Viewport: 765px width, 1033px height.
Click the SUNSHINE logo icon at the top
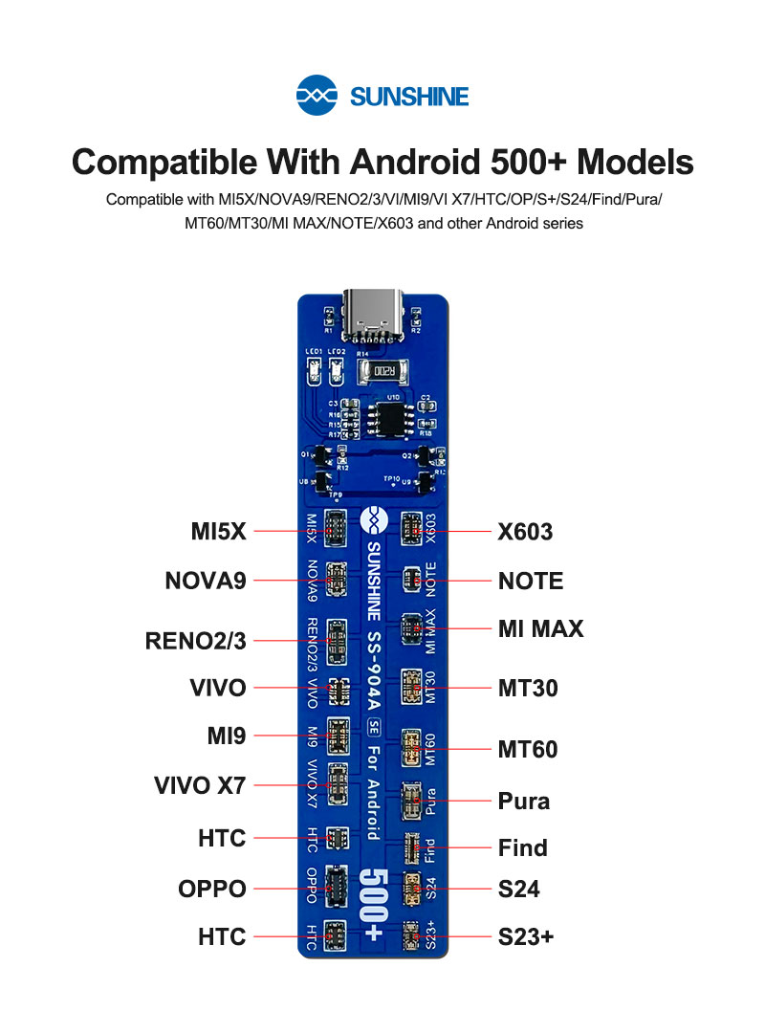coord(318,96)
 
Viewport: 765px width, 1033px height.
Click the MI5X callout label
coord(218,531)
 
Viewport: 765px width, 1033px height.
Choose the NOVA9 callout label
coord(206,581)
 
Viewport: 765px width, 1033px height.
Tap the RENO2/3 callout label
coord(195,641)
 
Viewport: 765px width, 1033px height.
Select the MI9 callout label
coord(227,736)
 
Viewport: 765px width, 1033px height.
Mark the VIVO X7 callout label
coord(200,786)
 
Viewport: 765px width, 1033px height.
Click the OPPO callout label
coord(212,889)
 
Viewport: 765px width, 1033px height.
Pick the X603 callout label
coord(525,532)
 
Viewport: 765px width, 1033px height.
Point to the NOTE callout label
coord(531,581)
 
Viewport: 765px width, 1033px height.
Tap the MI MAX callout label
coord(540,628)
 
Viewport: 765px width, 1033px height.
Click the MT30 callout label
coord(528,688)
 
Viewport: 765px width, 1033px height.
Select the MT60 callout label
coord(528,748)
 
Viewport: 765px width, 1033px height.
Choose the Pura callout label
coord(524,800)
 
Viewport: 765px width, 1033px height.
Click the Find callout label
coord(523,847)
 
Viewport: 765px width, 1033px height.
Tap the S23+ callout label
coord(526,937)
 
